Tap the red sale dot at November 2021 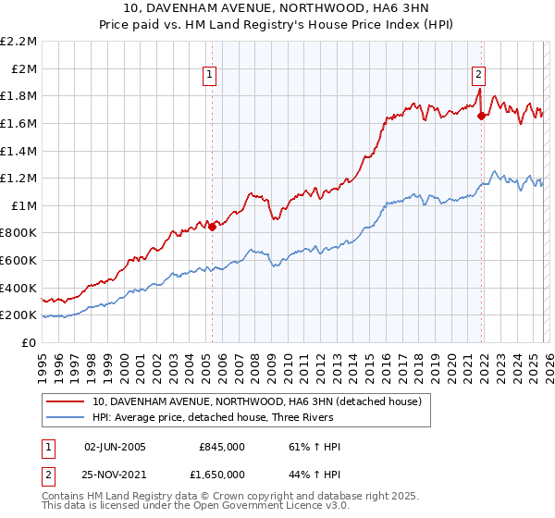pos(481,116)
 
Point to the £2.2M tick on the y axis pos(18,42)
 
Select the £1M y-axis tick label pos(24,206)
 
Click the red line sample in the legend pos(65,402)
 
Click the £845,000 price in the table pos(222,447)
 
